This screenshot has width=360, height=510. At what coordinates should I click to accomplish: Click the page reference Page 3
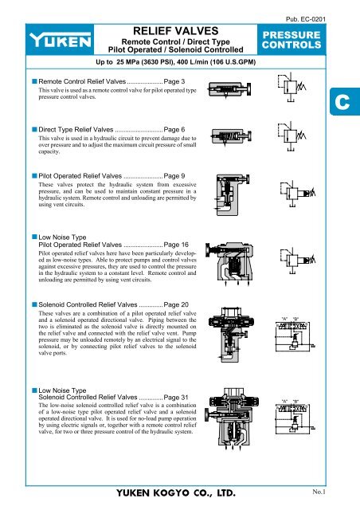(x=174, y=82)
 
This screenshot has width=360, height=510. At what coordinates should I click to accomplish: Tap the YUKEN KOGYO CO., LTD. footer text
(x=180, y=494)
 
